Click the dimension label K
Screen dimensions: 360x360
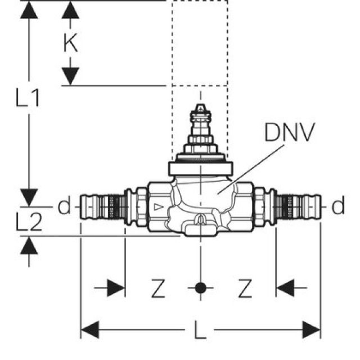(x=70, y=43)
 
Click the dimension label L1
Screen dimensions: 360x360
(x=28, y=99)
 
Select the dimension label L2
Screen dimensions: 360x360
(x=28, y=223)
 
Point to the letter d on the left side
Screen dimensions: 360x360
(x=65, y=207)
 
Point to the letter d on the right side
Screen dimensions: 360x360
(x=337, y=207)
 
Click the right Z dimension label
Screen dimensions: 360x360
(x=244, y=289)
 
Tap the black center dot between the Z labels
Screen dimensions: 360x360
(x=200, y=289)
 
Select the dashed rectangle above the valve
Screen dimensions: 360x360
(x=200, y=43)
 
